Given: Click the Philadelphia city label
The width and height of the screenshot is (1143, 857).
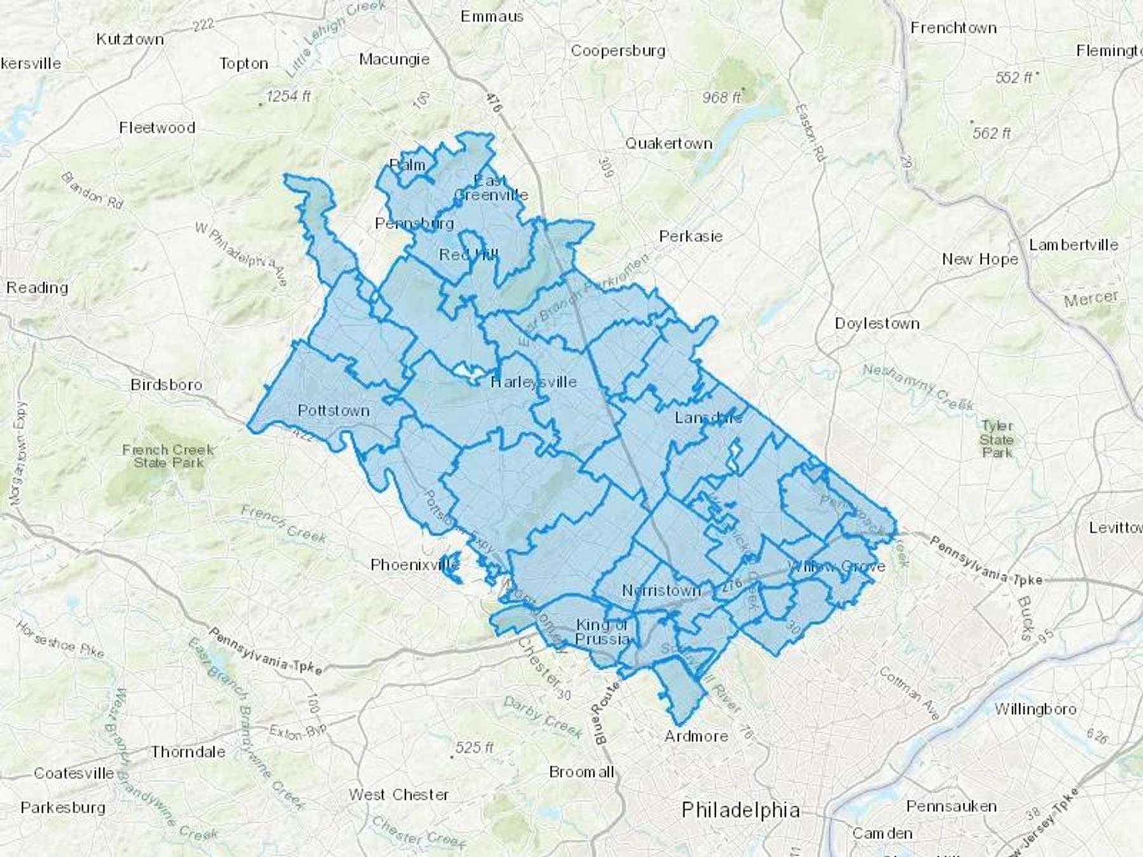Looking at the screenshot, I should pos(740,810).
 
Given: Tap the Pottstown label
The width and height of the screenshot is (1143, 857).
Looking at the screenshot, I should pos(333,411).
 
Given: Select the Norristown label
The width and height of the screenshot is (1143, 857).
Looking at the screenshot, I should pos(661,590).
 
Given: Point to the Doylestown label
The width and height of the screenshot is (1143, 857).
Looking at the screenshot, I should pos(877,324).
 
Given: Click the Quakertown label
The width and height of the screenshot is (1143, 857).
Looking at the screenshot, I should pos(669,143).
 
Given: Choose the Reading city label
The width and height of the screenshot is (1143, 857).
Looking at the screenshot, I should pos(37,288).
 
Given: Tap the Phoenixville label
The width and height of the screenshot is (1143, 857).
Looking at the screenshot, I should pos(415,564).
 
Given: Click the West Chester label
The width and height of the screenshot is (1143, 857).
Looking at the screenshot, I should pos(398,795).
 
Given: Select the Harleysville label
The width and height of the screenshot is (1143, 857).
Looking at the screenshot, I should pos(533,382).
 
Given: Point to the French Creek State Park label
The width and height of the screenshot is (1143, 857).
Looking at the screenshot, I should pos(168,456).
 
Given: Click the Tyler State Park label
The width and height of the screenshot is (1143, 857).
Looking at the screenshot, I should pos(996,439).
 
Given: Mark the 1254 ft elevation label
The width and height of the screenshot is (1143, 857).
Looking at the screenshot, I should pos(288,96).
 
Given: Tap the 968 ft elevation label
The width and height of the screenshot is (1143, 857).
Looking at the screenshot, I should pos(721,98).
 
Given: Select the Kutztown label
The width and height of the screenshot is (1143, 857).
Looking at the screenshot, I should pos(130,39).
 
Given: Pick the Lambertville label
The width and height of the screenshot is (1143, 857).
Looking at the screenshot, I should pos(1073,245).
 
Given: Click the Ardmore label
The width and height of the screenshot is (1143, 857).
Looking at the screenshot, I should pos(696,736).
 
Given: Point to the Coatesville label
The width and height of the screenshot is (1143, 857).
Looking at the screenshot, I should pos(74,773).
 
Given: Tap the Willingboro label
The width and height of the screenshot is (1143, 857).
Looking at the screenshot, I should pos(1035,709).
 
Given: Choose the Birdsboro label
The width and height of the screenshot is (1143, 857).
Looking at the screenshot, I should pos(166,385).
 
